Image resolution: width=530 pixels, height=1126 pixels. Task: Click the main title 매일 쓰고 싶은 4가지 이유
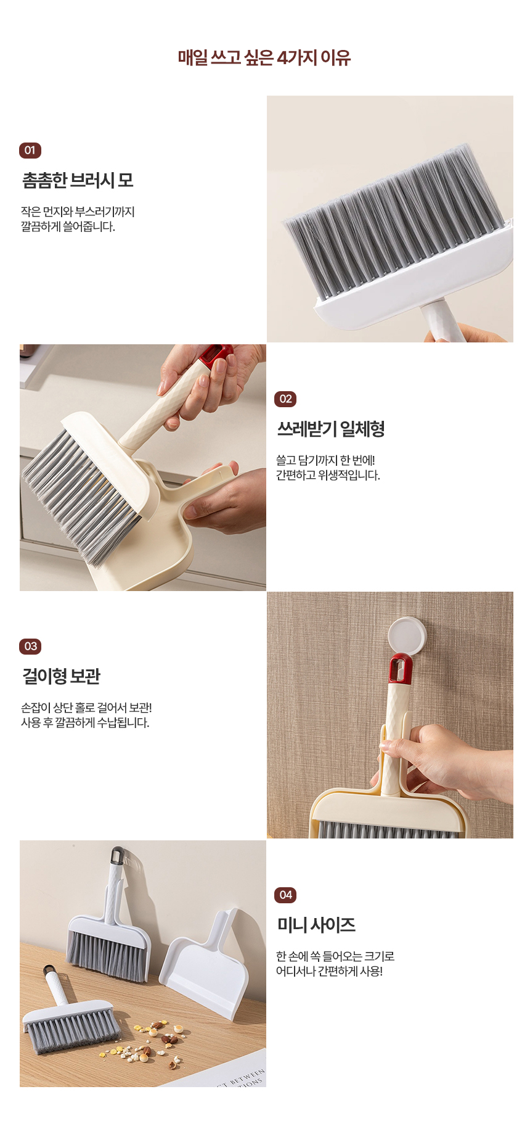coord(264,58)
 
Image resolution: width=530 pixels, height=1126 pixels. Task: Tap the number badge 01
coord(30,151)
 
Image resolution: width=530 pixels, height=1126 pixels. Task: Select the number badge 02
coord(285,399)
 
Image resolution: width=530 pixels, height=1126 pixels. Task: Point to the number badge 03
coord(30,647)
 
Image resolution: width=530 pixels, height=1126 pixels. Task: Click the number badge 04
coord(285,895)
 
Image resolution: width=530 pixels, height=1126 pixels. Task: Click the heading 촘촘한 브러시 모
coord(78,180)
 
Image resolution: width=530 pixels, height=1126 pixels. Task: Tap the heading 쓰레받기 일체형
coord(331,429)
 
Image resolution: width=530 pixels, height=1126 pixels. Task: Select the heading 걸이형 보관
coord(61,676)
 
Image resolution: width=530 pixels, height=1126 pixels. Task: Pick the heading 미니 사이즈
coord(316,925)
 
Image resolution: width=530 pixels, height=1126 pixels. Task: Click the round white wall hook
coord(407,635)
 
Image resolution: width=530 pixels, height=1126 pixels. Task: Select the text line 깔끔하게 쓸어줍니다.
coord(68,227)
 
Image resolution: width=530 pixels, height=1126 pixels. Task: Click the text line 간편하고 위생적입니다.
coord(328,476)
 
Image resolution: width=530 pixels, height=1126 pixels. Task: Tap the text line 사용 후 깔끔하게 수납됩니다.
coord(85,723)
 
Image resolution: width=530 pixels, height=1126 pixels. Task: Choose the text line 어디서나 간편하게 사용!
coord(329,972)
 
